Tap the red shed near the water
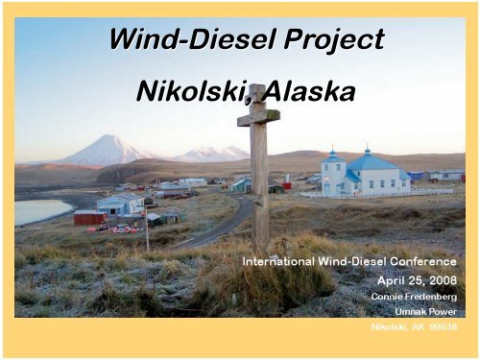tap(88, 217)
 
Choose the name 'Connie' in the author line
tap(387, 297)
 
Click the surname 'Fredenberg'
tap(432, 297)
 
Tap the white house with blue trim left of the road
tap(119, 204)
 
